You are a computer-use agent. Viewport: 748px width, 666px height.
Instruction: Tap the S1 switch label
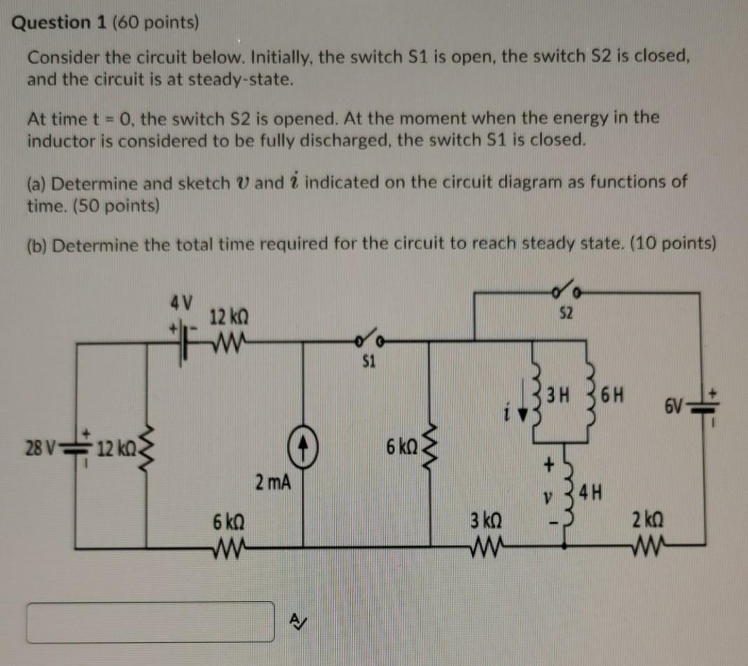tap(369, 362)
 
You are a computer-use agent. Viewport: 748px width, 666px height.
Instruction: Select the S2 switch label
tap(567, 314)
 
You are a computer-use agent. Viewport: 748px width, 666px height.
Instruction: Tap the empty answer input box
tap(151, 621)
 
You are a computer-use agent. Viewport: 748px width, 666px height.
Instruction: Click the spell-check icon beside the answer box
tap(298, 620)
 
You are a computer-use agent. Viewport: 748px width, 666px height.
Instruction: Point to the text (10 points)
tap(667, 244)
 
